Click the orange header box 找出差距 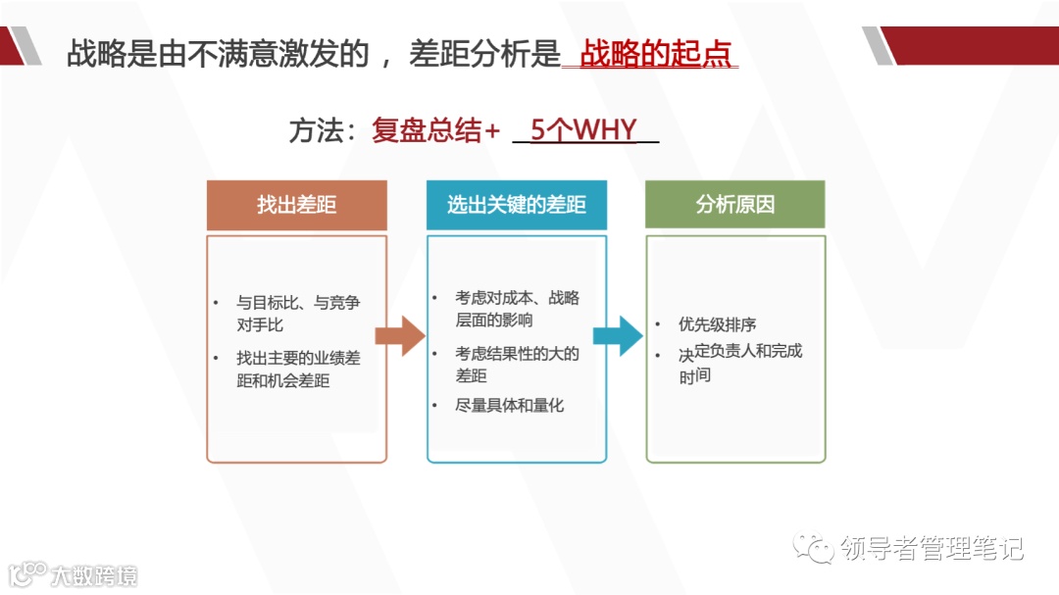coord(296,205)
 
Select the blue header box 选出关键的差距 coord(516,205)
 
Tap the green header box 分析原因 coord(734,205)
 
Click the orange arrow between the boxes coord(399,336)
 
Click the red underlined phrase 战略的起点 coord(656,54)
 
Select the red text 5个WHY coord(583,130)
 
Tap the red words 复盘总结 coord(426,130)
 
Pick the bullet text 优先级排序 coord(717,324)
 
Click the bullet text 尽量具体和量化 coord(509,405)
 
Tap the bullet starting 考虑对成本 coord(516,309)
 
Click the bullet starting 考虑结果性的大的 coord(516,365)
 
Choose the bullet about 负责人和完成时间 coord(739,363)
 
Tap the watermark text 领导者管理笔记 coord(932,548)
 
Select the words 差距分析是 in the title coord(483,54)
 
